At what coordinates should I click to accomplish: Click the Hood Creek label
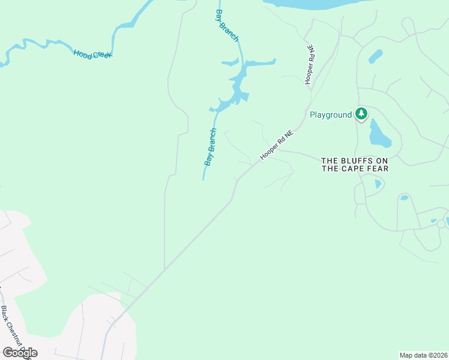coord(93,54)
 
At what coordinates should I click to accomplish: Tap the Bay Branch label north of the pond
coord(227,25)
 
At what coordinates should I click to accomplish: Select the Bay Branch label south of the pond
coord(210,147)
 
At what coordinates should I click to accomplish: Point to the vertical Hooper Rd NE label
coord(310,65)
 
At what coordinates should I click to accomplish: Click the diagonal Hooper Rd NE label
coord(276,146)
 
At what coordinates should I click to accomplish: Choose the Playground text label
coord(330,115)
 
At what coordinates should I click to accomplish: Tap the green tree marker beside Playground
coord(361,113)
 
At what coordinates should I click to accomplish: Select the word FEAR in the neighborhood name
coord(378,169)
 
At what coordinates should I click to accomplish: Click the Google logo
coord(20,353)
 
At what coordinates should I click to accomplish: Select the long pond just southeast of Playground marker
coord(379,134)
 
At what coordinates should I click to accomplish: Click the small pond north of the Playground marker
coord(376,56)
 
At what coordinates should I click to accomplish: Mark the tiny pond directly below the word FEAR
coord(378,184)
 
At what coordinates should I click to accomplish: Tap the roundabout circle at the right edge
coord(441,224)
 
